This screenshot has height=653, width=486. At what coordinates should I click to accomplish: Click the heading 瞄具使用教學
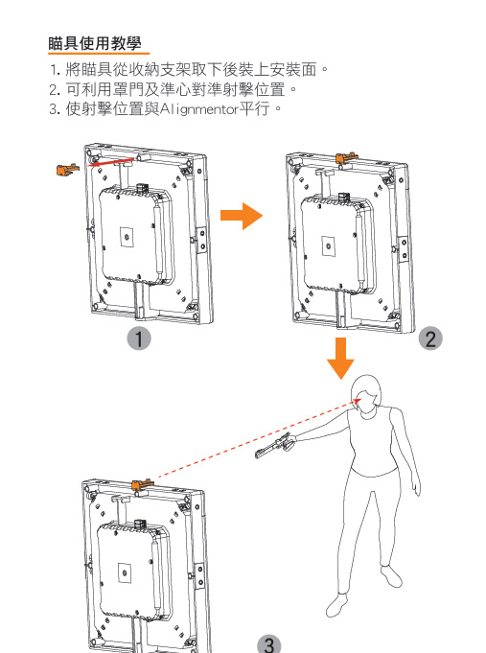tap(95, 43)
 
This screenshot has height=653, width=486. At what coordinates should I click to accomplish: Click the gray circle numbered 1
tap(139, 338)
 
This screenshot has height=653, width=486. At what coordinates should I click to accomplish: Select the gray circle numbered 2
tap(430, 338)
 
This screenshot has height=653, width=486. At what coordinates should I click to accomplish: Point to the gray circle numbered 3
tap(269, 643)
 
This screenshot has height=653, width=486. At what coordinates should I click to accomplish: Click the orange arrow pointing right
tap(242, 216)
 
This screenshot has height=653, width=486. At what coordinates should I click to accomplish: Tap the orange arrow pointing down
tap(340, 359)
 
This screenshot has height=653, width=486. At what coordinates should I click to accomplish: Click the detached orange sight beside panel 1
tap(67, 169)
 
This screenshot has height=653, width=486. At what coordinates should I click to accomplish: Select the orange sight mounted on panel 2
tap(346, 158)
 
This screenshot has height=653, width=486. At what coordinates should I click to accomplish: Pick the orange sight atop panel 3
tap(143, 484)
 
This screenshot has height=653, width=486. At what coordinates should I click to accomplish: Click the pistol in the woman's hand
tap(275, 445)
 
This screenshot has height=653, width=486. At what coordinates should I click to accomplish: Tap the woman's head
tap(365, 393)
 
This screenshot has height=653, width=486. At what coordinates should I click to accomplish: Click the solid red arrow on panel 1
tap(111, 162)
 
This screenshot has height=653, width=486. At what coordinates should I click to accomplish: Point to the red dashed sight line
tap(258, 438)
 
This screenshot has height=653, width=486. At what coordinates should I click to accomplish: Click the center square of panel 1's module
tap(127, 238)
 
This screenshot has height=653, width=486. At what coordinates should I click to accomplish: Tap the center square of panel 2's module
tap(329, 246)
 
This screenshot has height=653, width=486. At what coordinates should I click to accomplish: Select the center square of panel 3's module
tap(124, 572)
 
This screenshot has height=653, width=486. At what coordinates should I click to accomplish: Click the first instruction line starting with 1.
tap(190, 70)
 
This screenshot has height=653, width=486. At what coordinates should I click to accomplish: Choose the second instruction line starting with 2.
tap(174, 89)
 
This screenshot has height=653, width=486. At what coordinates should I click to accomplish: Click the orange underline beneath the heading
tap(99, 54)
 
